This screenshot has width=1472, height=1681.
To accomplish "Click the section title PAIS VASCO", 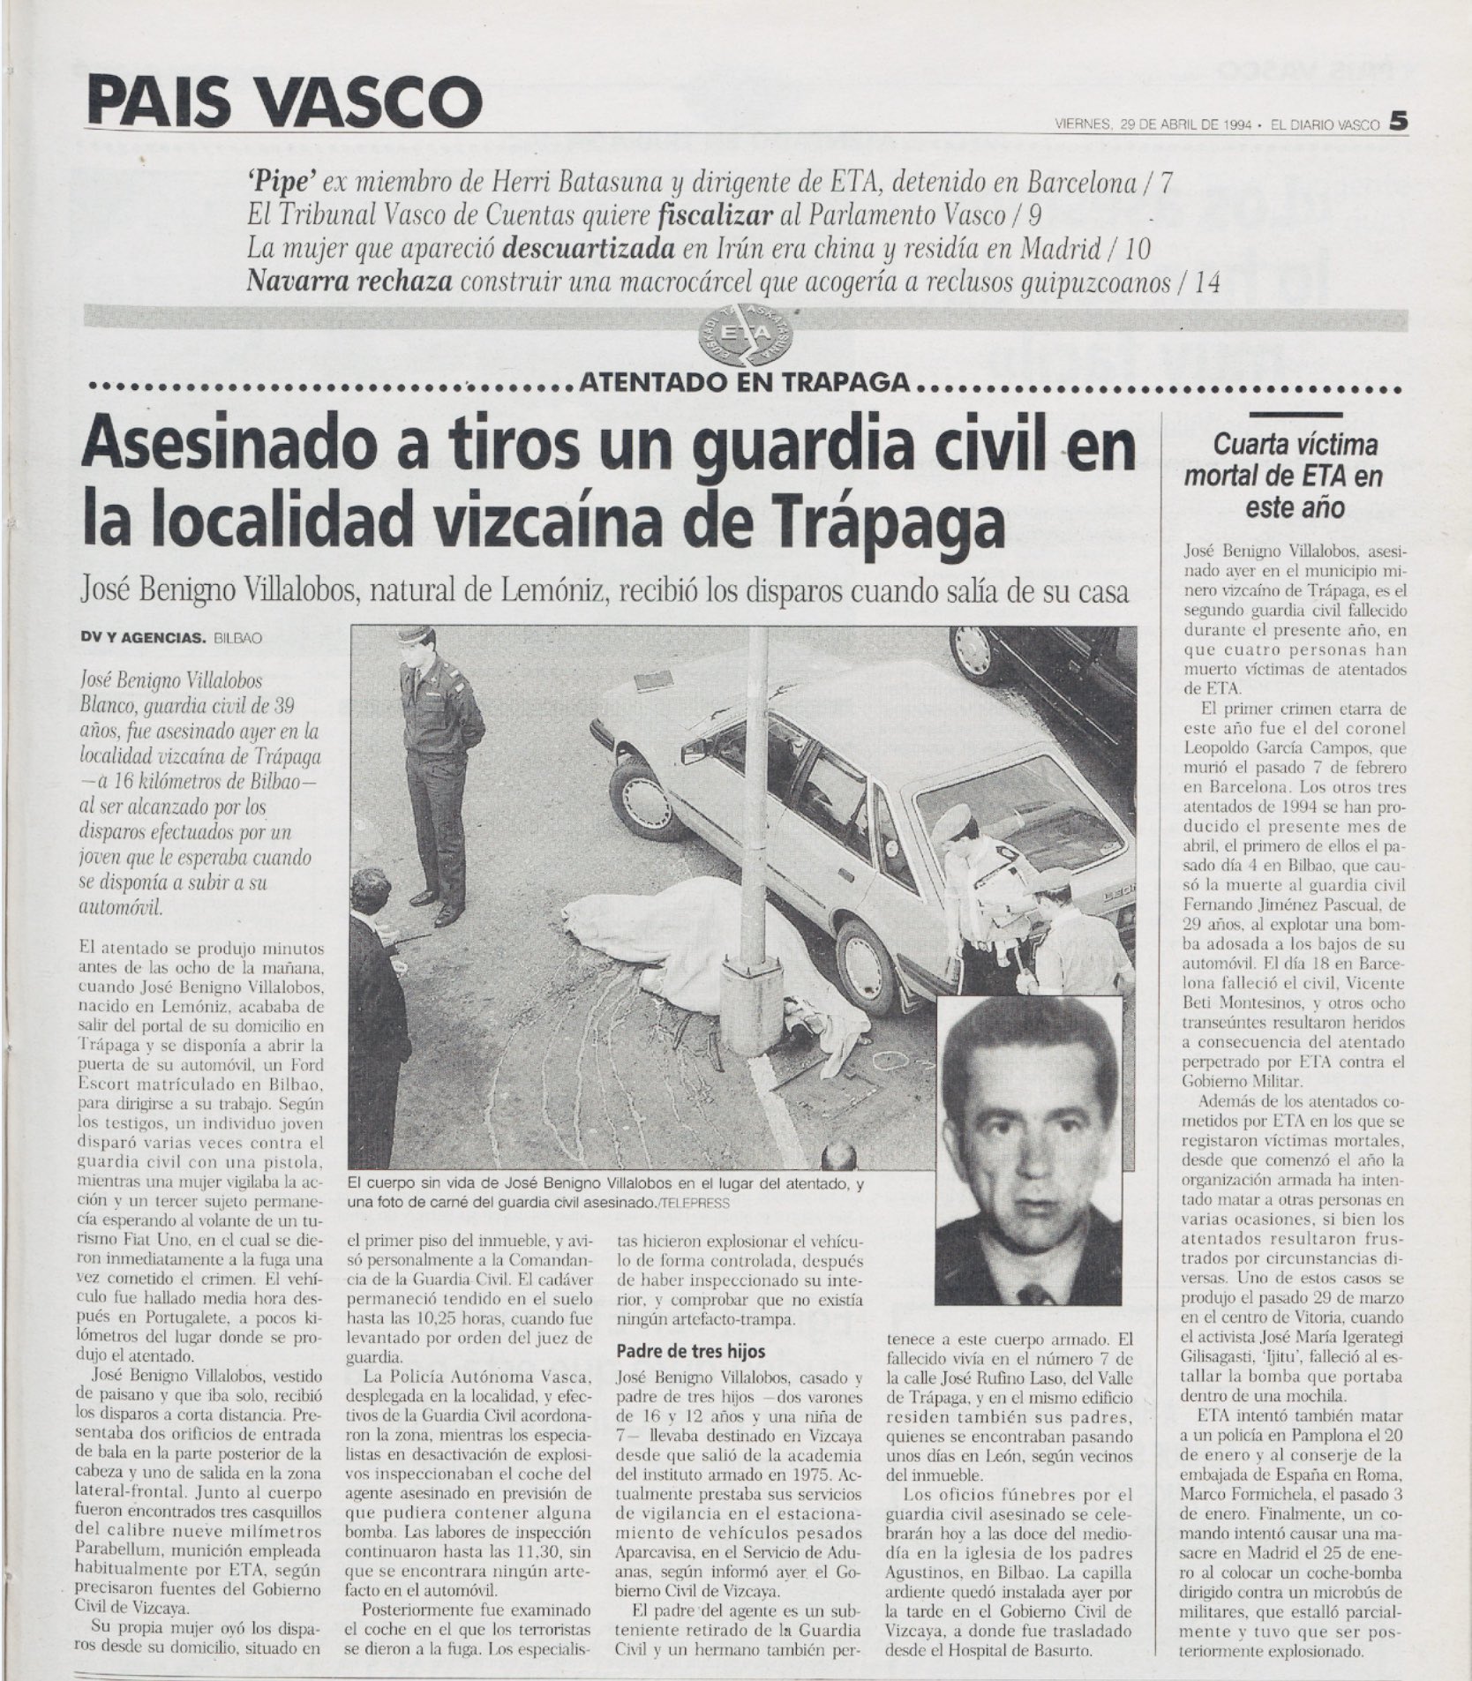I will tap(284, 101).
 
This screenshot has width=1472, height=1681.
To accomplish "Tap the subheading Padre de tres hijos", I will tap(689, 1351).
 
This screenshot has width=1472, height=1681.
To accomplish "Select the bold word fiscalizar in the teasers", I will tap(719, 214).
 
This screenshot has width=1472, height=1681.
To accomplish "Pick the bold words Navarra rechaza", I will tap(350, 281).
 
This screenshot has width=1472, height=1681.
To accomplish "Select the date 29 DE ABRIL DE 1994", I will tap(1185, 124).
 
